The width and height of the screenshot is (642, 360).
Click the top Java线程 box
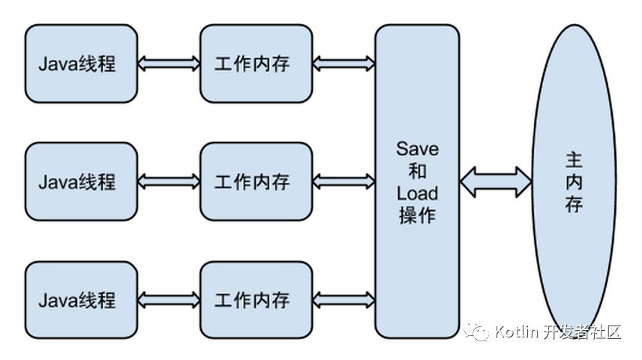point(81,64)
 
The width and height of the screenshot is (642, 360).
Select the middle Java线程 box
point(81,181)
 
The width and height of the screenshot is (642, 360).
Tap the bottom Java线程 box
point(81,300)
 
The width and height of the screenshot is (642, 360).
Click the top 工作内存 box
point(256,64)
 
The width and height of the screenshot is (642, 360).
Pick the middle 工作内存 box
point(256,181)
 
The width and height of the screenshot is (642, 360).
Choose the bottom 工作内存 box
point(256,300)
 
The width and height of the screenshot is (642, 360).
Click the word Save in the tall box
point(417,148)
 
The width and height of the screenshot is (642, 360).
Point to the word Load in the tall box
point(417,193)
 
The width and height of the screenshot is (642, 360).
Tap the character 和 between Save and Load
point(417,170)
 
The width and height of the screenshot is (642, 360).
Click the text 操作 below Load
point(417,216)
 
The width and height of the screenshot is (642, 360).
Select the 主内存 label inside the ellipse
point(574,181)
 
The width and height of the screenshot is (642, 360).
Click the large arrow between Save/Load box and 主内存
point(496,181)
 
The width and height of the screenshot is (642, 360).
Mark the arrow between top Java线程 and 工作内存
point(169,64)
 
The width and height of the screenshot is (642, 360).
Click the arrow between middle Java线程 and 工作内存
point(169,181)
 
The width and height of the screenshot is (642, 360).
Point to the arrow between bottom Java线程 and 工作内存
point(169,300)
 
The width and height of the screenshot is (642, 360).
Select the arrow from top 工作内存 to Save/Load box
point(343,64)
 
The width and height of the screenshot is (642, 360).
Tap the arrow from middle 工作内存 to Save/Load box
point(343,181)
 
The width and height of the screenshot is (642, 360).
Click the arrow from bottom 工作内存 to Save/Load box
point(343,300)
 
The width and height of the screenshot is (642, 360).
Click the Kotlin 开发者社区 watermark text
point(558,331)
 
